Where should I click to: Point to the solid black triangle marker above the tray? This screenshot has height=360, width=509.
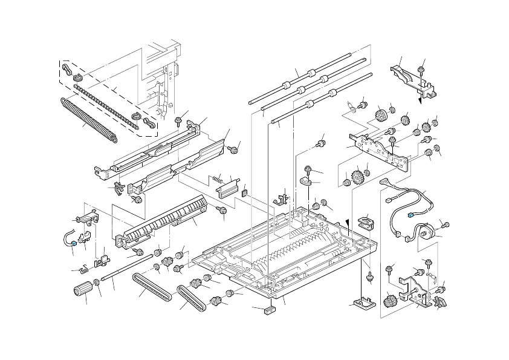point(348,223)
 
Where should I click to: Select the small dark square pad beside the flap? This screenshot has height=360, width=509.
point(245,194)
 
